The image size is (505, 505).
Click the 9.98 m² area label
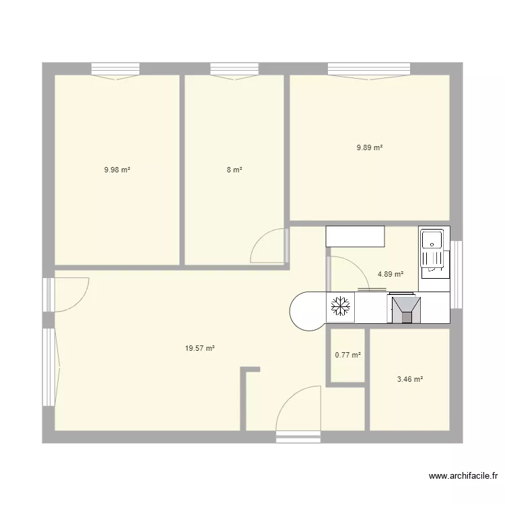(116, 170)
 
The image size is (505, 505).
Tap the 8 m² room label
(234, 170)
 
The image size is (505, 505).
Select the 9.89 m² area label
(370, 147)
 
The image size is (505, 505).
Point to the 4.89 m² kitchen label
(391, 274)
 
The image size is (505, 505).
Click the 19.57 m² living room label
(200, 348)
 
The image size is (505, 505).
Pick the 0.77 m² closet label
(347, 356)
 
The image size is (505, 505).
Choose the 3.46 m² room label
(409, 379)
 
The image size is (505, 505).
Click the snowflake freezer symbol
(340, 308)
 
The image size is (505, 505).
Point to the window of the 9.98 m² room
(115, 69)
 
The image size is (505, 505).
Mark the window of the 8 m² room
(234, 69)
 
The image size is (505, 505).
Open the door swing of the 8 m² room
(270, 246)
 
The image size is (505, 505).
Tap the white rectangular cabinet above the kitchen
(355, 236)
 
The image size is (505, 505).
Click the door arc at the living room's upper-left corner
(70, 295)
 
